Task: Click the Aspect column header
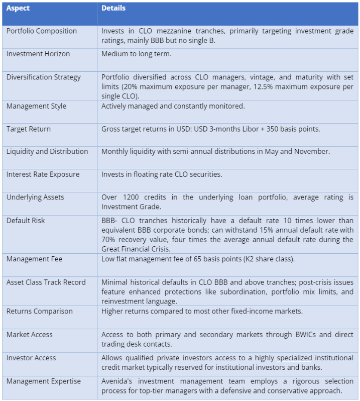pyautogui.click(x=19, y=9)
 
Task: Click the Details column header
pyautogui.click(x=113, y=9)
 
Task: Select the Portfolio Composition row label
pyautogui.click(x=42, y=31)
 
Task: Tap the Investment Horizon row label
pyautogui.click(x=38, y=54)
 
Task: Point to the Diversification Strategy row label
pyautogui.click(x=44, y=77)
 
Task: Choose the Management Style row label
pyautogui.click(x=36, y=107)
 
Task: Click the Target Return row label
pyautogui.click(x=29, y=129)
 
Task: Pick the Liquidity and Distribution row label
pyautogui.click(x=47, y=152)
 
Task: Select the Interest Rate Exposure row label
pyautogui.click(x=43, y=174)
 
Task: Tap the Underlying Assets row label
pyautogui.click(x=35, y=197)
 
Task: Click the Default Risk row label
pyautogui.click(x=26, y=221)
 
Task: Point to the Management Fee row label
pyautogui.click(x=34, y=259)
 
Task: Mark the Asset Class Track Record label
pyautogui.click(x=46, y=282)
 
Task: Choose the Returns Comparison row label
pyautogui.click(x=40, y=312)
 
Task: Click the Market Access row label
pyautogui.click(x=30, y=335)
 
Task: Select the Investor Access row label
pyautogui.click(x=31, y=358)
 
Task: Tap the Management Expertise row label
pyautogui.click(x=44, y=381)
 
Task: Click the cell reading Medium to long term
pyautogui.click(x=136, y=54)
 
